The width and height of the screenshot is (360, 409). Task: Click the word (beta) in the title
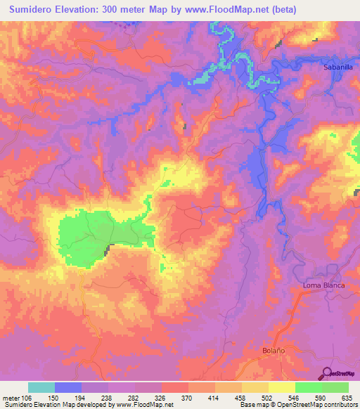tap(281, 10)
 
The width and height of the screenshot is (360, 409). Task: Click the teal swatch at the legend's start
tap(41, 387)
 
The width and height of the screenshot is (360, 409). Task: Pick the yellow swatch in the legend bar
tap(281, 387)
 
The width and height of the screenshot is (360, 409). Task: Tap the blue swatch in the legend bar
tap(68, 387)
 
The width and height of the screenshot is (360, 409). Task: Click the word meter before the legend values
tap(11, 397)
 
